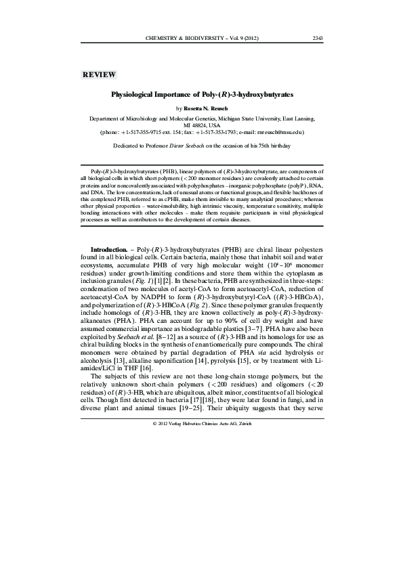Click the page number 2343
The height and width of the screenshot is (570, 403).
click(x=317, y=37)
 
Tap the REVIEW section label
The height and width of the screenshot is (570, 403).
click(x=99, y=74)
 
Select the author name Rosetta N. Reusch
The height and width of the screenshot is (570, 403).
click(x=210, y=108)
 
